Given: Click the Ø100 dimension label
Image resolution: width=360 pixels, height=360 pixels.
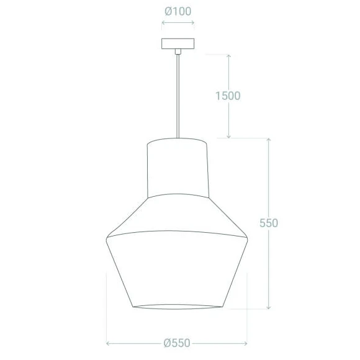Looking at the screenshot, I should pos(178,11).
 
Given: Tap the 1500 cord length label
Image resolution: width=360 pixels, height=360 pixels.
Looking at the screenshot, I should pos(228,96).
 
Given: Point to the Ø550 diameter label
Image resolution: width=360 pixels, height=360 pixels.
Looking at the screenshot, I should pos(177,343).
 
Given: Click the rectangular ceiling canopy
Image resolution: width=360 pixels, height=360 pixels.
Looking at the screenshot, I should pos(178,44).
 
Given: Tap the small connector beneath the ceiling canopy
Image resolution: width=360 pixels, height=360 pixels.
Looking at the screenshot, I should pos(178,52).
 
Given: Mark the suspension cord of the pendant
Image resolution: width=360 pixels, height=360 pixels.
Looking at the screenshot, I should pos(178,93).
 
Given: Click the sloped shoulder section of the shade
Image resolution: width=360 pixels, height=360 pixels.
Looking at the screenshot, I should pos(178,214).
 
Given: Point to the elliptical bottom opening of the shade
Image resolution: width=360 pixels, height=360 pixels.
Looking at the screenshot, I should pos(178,307).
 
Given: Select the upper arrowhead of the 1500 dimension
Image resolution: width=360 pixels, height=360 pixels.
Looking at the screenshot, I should pos(229,56).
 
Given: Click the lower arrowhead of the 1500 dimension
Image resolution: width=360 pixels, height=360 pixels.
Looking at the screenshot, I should pos(229,136).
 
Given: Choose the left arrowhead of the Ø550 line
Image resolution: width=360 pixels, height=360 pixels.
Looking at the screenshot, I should pos(109,343).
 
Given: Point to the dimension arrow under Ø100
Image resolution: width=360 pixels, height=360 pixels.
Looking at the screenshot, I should pos(178,25).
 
